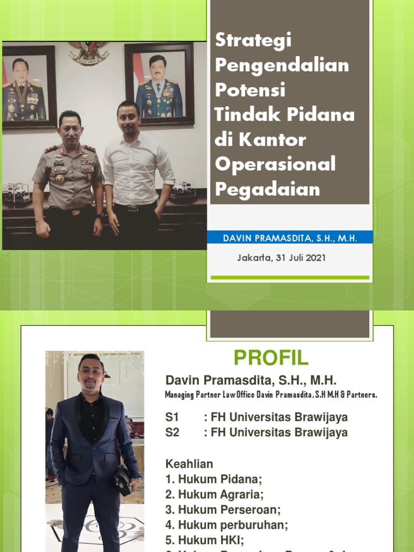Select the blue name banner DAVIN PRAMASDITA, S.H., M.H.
291,238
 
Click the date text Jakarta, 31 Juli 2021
281,258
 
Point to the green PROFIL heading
271,357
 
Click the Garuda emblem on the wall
89,53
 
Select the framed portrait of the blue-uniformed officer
159,85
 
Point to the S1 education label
172,417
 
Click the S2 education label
172,432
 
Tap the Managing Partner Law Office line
271,395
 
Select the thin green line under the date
289,278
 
